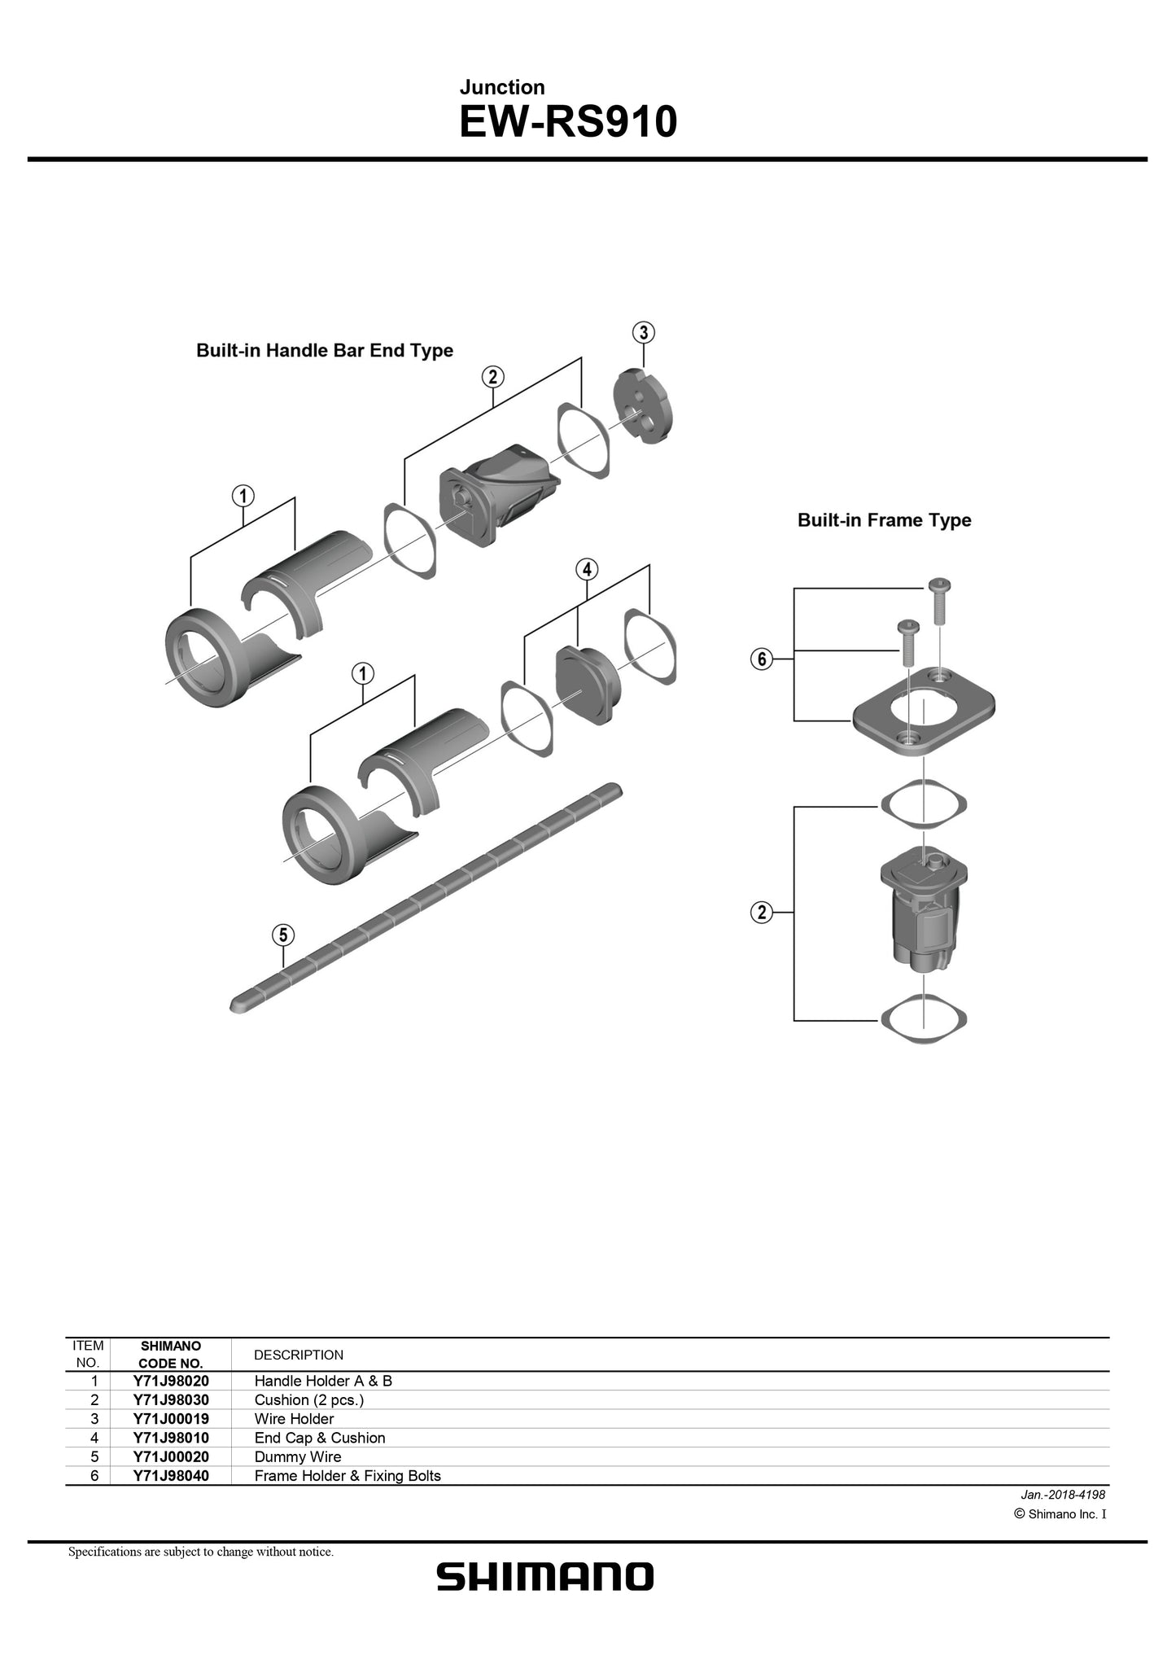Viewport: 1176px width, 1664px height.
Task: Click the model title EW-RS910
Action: click(567, 122)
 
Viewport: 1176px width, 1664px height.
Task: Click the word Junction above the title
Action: click(501, 87)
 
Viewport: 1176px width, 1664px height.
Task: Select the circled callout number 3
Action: click(644, 332)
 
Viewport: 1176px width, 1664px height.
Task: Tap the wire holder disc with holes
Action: click(643, 406)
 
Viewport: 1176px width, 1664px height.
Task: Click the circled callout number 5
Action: click(282, 935)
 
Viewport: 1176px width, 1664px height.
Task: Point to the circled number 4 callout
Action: click(587, 569)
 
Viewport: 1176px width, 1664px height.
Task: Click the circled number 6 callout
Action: click(761, 659)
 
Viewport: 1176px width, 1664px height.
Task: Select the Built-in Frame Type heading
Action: click(884, 519)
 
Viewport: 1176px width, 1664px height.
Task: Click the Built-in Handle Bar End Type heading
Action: click(324, 350)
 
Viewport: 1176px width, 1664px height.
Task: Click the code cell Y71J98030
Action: click(171, 1399)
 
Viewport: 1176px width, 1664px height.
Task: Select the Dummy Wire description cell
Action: click(298, 1456)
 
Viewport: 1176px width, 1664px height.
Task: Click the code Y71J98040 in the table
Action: click(171, 1475)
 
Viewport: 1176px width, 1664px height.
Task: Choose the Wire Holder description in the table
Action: click(294, 1418)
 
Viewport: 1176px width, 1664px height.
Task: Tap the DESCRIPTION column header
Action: click(299, 1355)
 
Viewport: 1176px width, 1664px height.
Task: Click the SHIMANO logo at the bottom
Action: click(544, 1576)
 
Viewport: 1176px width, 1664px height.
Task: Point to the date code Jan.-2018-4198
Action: click(1062, 1494)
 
